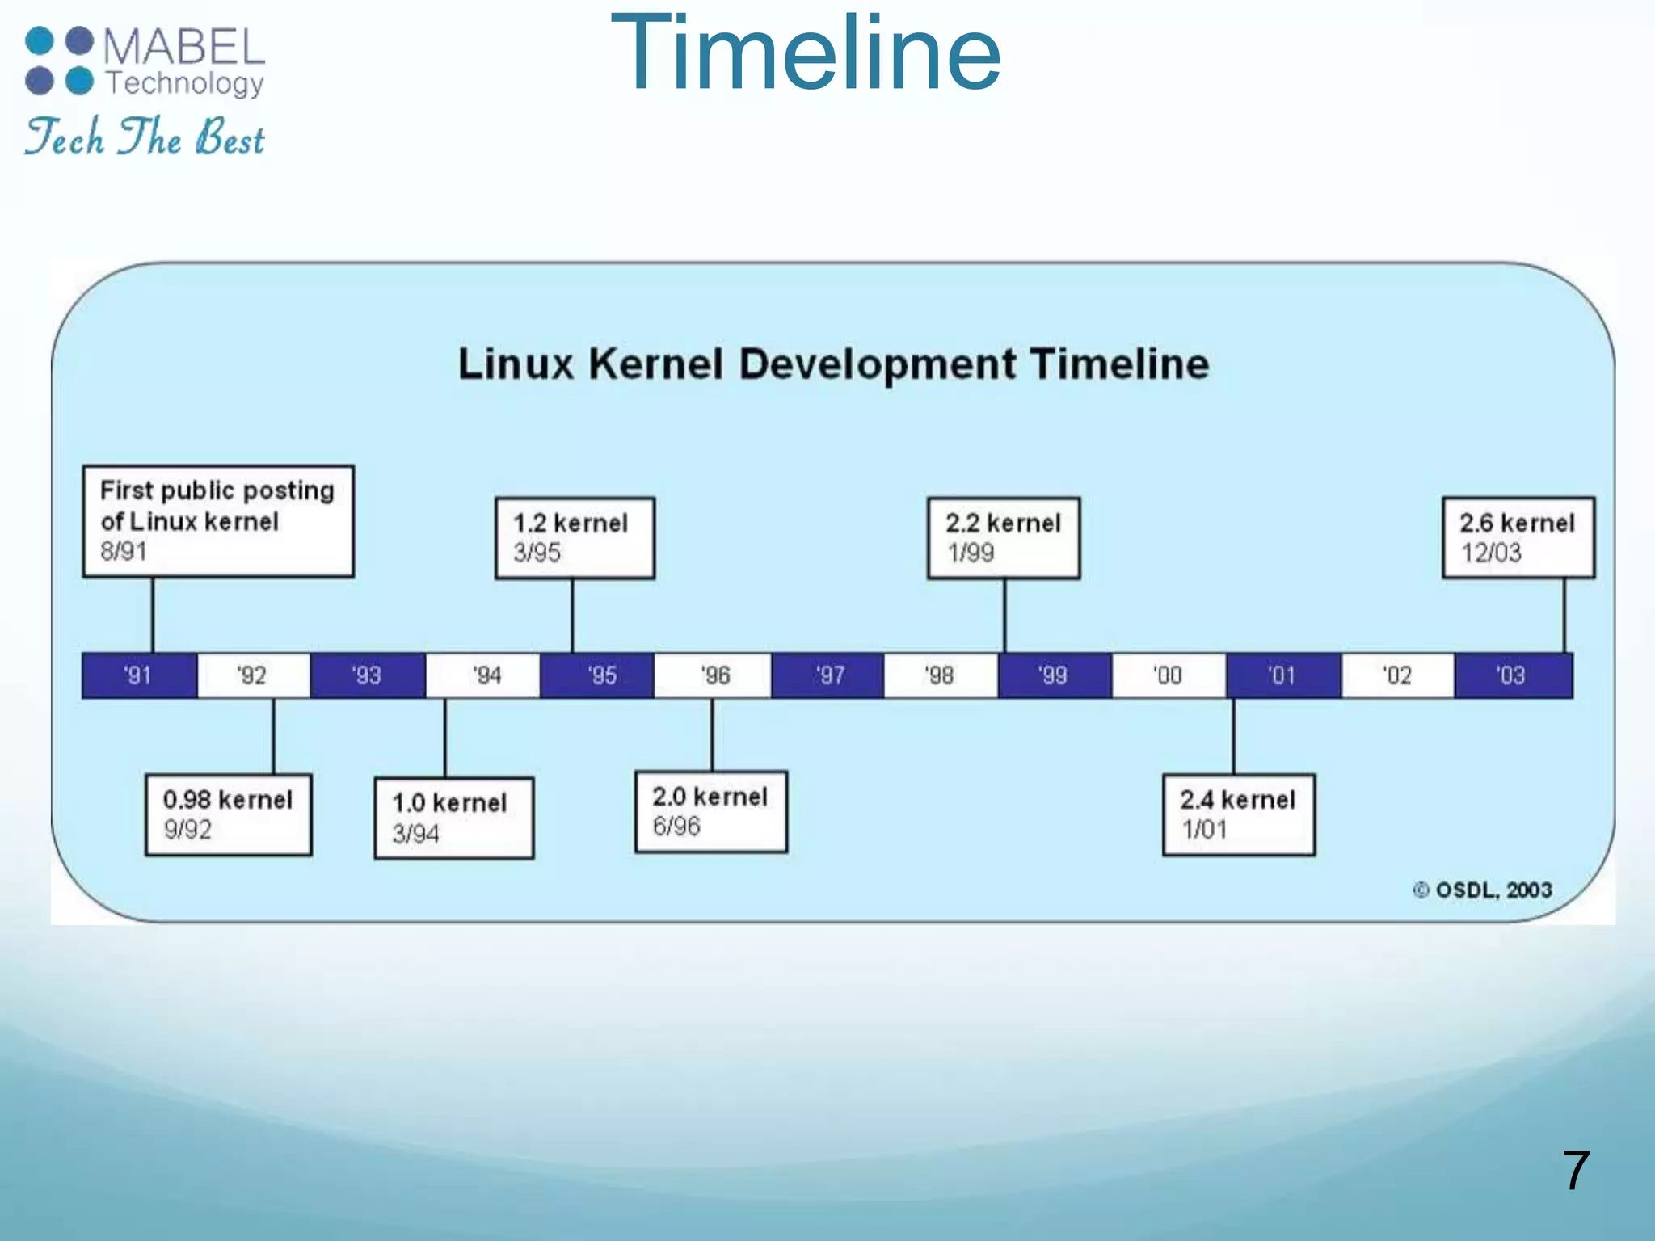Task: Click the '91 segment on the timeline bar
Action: tap(139, 675)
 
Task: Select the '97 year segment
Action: tap(828, 675)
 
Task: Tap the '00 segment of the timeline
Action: tap(1169, 675)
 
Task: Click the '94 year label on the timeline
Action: tap(486, 675)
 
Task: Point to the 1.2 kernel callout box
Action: tap(575, 538)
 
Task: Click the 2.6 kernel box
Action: tap(1518, 538)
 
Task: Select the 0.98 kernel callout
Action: tap(228, 814)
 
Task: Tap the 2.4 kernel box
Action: tap(1238, 814)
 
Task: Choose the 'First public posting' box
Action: tap(218, 521)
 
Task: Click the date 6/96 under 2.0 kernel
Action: tap(676, 827)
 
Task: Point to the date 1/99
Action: tap(971, 553)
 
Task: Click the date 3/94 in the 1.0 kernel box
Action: tap(415, 834)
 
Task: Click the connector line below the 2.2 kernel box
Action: tap(1004, 616)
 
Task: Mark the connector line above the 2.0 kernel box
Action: tap(712, 734)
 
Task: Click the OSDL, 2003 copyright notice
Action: tap(1483, 890)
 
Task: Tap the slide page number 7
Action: tap(1576, 1171)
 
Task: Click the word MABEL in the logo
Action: tap(184, 47)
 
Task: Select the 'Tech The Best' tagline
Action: tap(145, 137)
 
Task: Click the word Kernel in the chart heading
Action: tap(655, 364)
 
